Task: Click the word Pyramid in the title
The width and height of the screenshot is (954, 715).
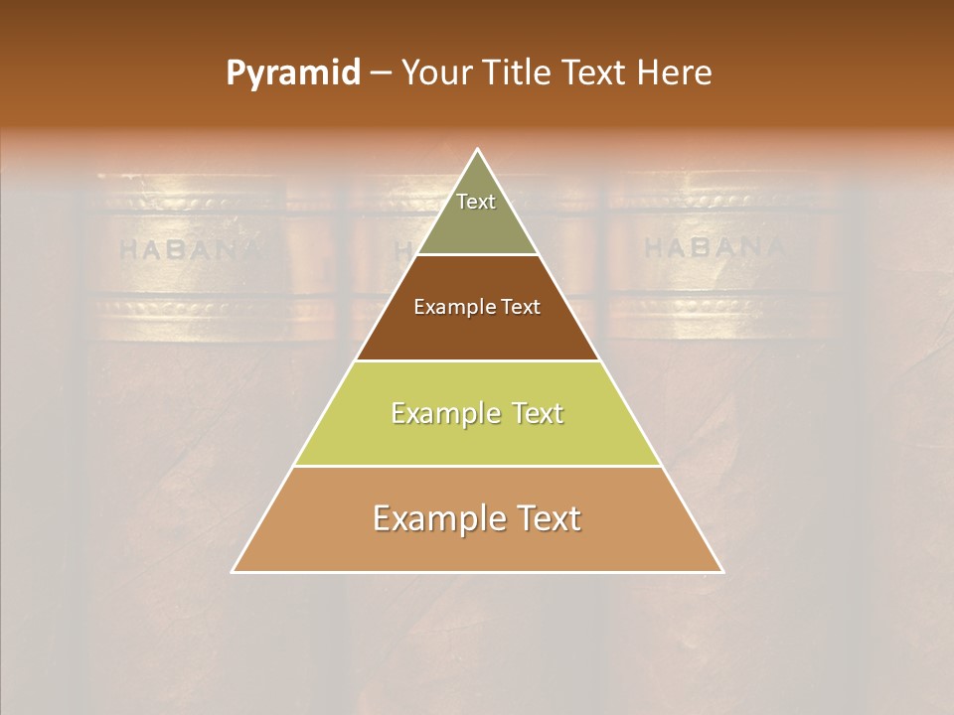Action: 292,73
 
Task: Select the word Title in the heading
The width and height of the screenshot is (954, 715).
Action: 515,73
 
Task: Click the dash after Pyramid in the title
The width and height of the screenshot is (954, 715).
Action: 381,73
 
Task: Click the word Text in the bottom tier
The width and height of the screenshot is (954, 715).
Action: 545,518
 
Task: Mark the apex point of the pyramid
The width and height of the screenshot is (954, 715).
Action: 478,151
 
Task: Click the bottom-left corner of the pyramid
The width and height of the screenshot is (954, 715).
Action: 234,571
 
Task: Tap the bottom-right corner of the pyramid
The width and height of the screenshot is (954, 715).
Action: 721,571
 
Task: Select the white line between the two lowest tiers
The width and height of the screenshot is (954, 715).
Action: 478,466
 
